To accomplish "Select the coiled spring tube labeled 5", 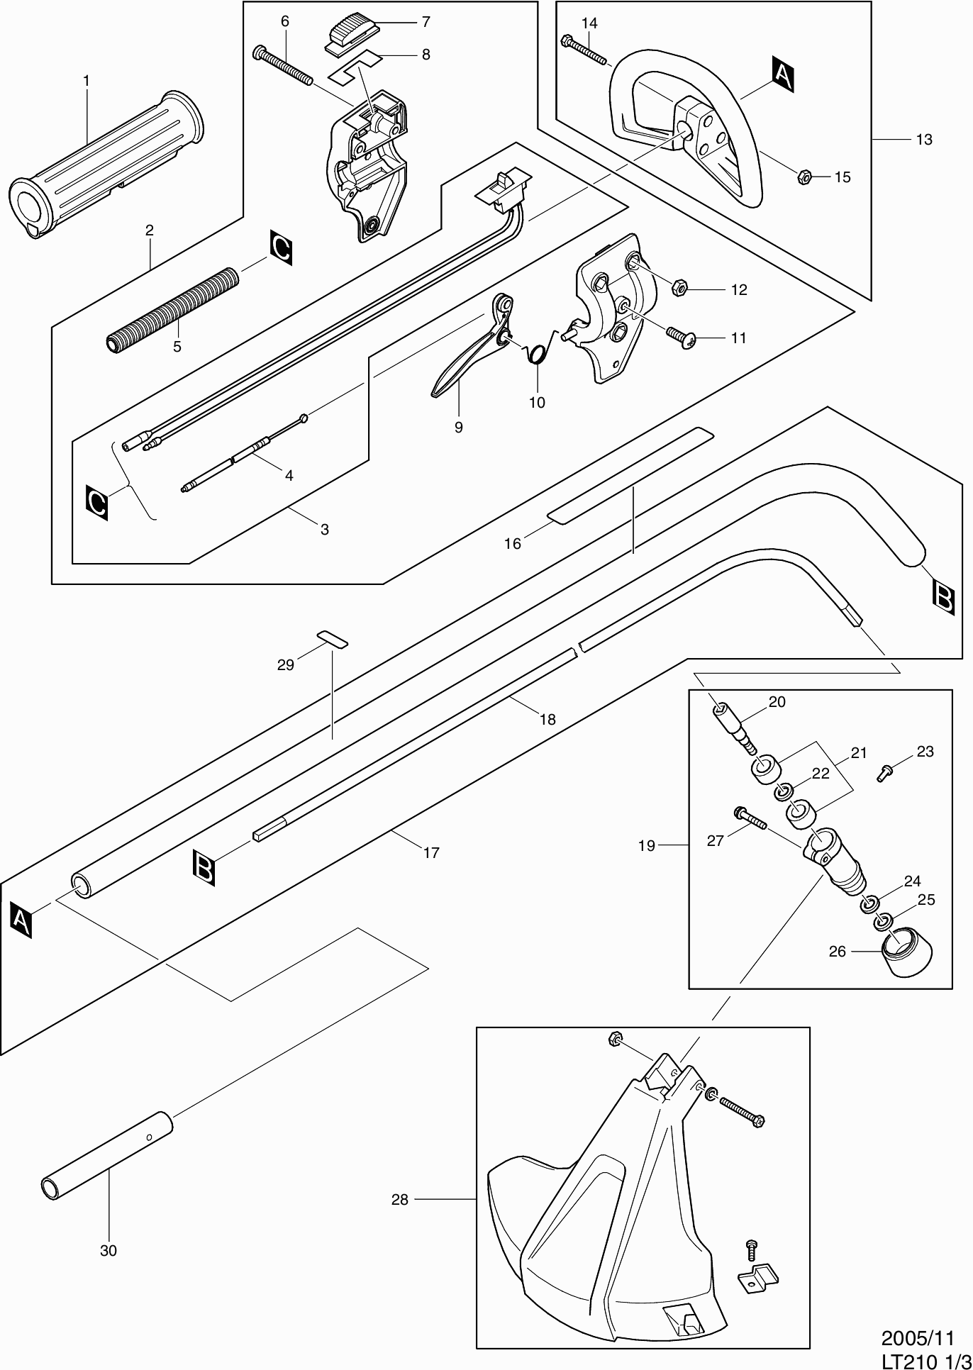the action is coord(174,308).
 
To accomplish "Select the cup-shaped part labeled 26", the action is coord(906,952).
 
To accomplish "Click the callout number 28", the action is coord(400,1200).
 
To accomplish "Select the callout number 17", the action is coord(431,852).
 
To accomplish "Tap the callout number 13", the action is coord(924,140).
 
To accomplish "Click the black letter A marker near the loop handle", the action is coord(781,77).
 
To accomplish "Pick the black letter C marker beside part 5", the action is coord(281,248).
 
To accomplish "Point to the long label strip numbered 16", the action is coord(629,475).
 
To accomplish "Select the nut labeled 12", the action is coord(679,287).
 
